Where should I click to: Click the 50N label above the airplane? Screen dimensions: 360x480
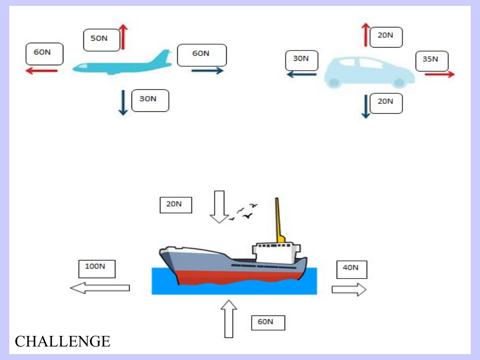click(102, 40)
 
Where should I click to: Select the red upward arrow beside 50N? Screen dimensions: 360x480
click(123, 37)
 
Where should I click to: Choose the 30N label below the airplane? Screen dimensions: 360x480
click(150, 100)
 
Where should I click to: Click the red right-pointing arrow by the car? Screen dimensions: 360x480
click(439, 74)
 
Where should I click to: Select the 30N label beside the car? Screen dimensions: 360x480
click(302, 60)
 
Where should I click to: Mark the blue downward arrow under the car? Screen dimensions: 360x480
click(366, 106)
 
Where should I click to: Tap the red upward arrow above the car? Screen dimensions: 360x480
click(366, 35)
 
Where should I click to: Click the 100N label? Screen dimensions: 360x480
click(97, 268)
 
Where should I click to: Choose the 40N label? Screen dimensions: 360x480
click(351, 269)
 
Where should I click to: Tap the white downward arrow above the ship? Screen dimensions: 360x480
click(218, 206)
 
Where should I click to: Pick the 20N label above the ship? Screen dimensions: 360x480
click(175, 204)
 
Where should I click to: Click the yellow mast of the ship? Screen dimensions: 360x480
click(278, 219)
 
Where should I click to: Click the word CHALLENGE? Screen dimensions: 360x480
click(63, 341)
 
